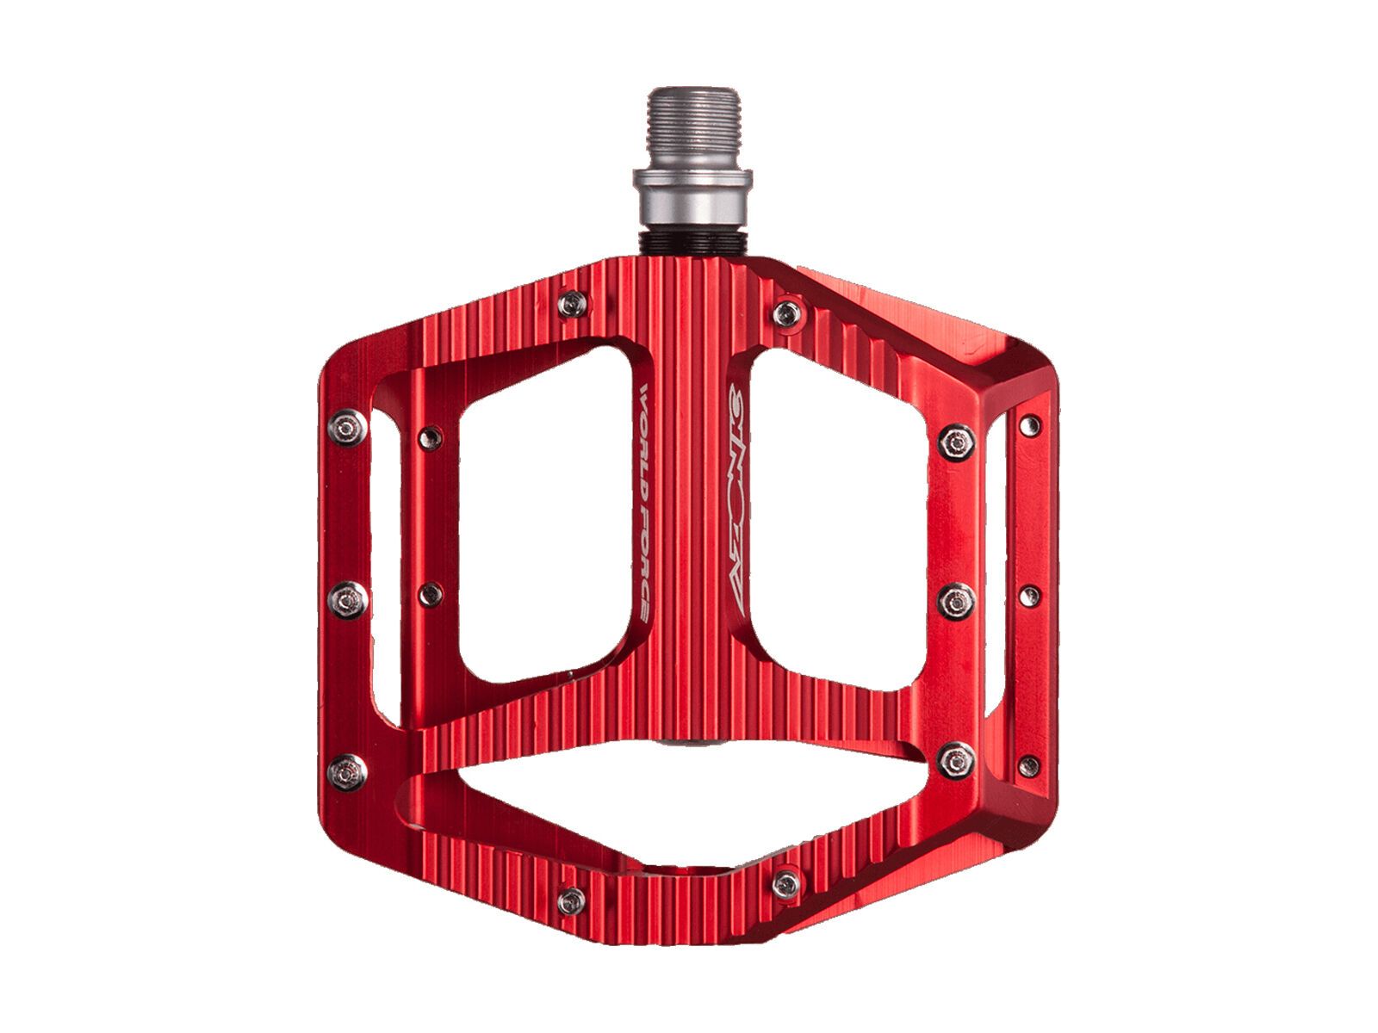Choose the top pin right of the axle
pos(785,313)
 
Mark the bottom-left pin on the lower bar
pos(571,900)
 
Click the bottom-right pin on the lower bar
pos(785,883)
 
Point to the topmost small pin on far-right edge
pos(1028,424)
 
